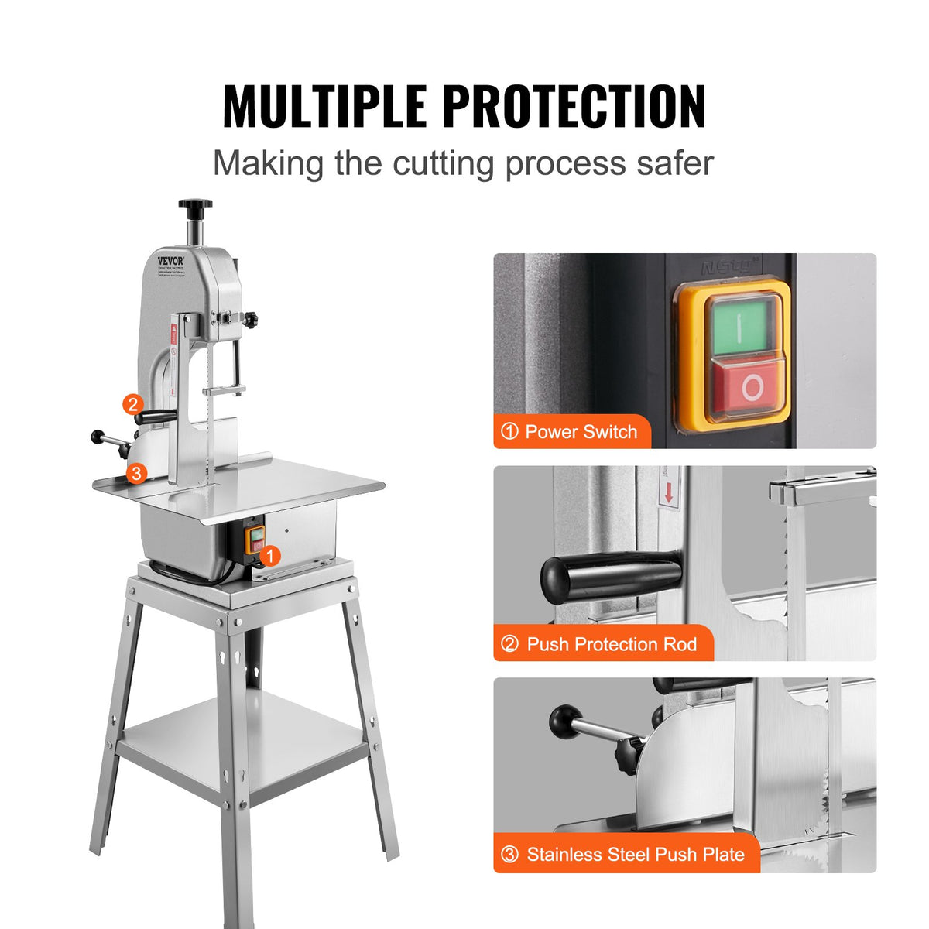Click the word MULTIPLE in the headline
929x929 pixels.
[324, 106]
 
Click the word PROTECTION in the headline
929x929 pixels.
[574, 106]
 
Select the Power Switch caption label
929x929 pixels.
[572, 432]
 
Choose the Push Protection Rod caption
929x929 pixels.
[603, 644]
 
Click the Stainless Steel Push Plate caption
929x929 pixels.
[626, 855]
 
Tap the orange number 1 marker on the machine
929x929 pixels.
[269, 555]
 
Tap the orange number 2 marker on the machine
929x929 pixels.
[133, 404]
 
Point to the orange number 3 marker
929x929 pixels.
[136, 473]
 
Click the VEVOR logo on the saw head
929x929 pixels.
[170, 261]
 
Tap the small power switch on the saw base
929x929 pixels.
[255, 540]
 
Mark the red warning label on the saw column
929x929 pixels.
[174, 334]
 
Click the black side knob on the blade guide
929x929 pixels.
[250, 318]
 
